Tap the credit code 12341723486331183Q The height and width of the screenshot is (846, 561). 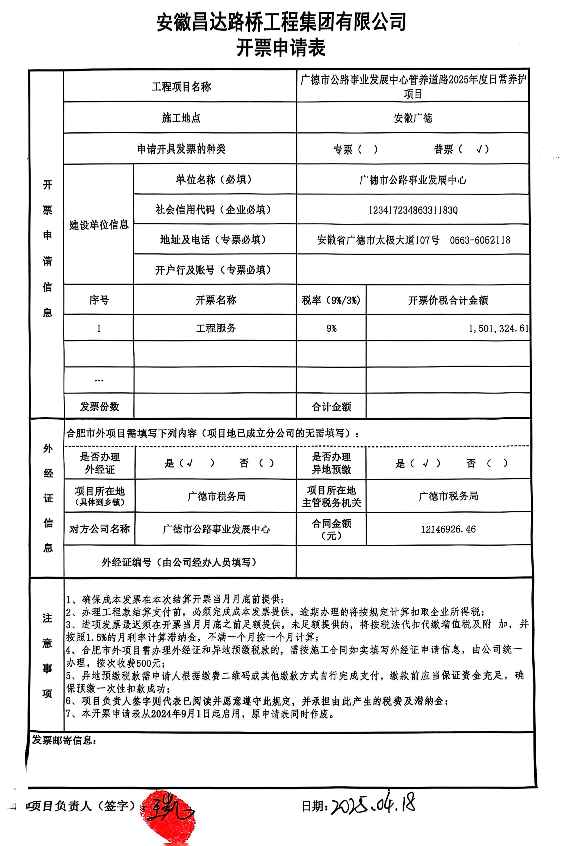413,210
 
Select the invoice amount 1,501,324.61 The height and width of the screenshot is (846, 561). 498,328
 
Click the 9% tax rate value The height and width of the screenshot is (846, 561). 331,328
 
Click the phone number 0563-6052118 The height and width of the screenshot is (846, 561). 480,240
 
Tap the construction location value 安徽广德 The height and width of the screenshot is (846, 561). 413,118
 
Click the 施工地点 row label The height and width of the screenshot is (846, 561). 181,118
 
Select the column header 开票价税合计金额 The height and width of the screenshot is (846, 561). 448,300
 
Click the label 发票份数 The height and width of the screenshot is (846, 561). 99,406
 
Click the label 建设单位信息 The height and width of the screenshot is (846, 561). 99,225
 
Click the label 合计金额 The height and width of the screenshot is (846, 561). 331,407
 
